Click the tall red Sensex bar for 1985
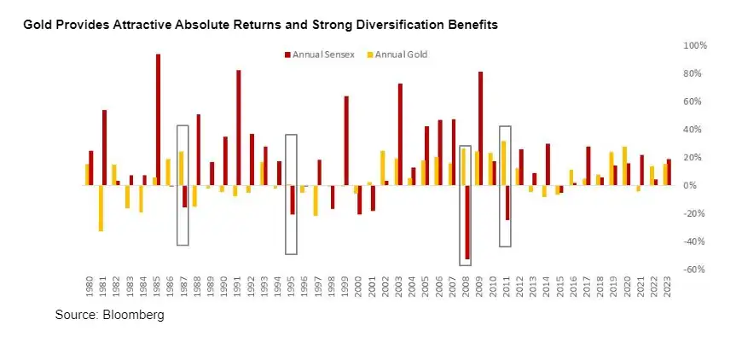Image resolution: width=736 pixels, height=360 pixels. pos(159,119)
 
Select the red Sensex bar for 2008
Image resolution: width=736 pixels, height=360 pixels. pos(467,222)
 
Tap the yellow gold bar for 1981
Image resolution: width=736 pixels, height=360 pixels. pos(100,208)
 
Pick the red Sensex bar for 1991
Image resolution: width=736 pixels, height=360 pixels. pos(238,128)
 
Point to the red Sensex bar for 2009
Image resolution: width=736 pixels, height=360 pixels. pos(480,128)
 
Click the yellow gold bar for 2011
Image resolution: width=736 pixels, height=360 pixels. pos(503,163)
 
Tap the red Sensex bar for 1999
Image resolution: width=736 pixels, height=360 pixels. pos(346,141)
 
